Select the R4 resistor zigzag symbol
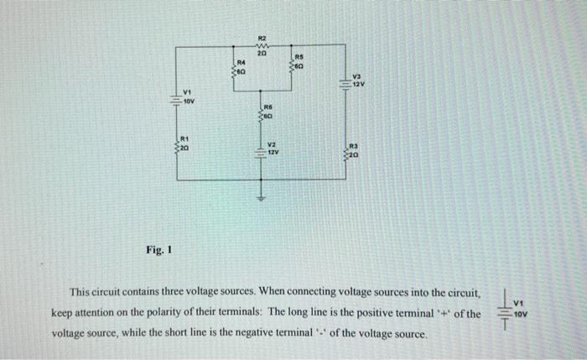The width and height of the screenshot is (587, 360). pyautogui.click(x=236, y=73)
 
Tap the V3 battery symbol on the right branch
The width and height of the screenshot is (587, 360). pyautogui.click(x=345, y=82)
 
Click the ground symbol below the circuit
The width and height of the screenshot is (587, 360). pyautogui.click(x=261, y=199)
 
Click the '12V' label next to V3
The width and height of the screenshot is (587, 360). pyautogui.click(x=359, y=86)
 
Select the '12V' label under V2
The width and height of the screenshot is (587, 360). pyautogui.click(x=273, y=154)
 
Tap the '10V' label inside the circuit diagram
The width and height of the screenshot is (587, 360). pyautogui.click(x=190, y=101)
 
